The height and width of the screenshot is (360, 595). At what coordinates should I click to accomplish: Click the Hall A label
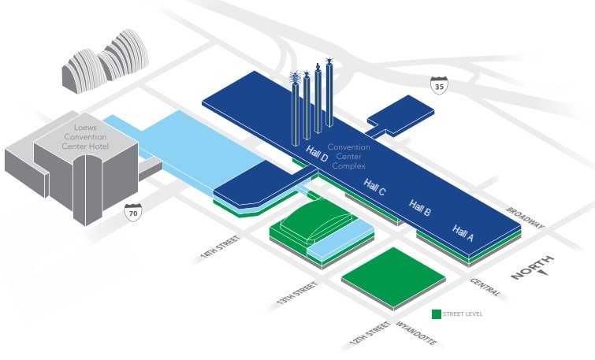(x=463, y=231)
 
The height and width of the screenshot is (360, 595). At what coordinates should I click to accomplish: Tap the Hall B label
(x=420, y=210)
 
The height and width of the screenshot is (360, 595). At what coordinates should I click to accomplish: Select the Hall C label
(x=375, y=188)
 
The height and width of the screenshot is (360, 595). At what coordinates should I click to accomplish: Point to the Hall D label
(x=316, y=158)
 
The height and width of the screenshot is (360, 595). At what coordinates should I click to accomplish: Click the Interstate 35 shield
(x=438, y=86)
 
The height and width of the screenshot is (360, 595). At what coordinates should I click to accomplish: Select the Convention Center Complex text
(x=348, y=156)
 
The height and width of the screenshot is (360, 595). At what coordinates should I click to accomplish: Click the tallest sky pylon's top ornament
(x=329, y=61)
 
